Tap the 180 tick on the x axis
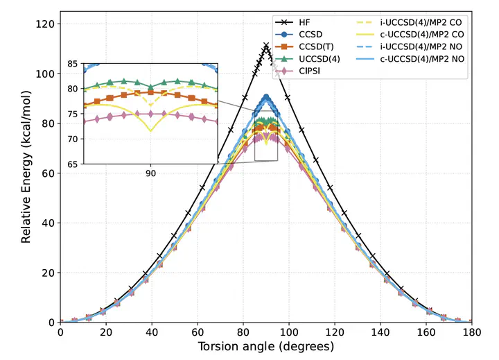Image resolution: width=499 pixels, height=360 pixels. (x=471, y=332)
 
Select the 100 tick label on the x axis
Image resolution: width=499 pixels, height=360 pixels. (x=288, y=332)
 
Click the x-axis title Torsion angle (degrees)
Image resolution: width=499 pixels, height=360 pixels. (x=265, y=346)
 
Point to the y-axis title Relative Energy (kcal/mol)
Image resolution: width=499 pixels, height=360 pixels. (x=26, y=173)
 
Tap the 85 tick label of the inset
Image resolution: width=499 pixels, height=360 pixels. (x=72, y=64)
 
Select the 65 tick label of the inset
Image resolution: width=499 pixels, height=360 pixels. (x=72, y=164)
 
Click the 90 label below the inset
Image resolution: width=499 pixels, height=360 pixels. (x=150, y=173)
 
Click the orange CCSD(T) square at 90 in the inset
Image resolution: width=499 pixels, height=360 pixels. (x=150, y=92)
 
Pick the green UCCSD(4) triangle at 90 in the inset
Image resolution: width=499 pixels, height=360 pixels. (x=150, y=87)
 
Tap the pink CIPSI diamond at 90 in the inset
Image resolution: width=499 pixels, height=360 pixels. (x=150, y=114)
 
